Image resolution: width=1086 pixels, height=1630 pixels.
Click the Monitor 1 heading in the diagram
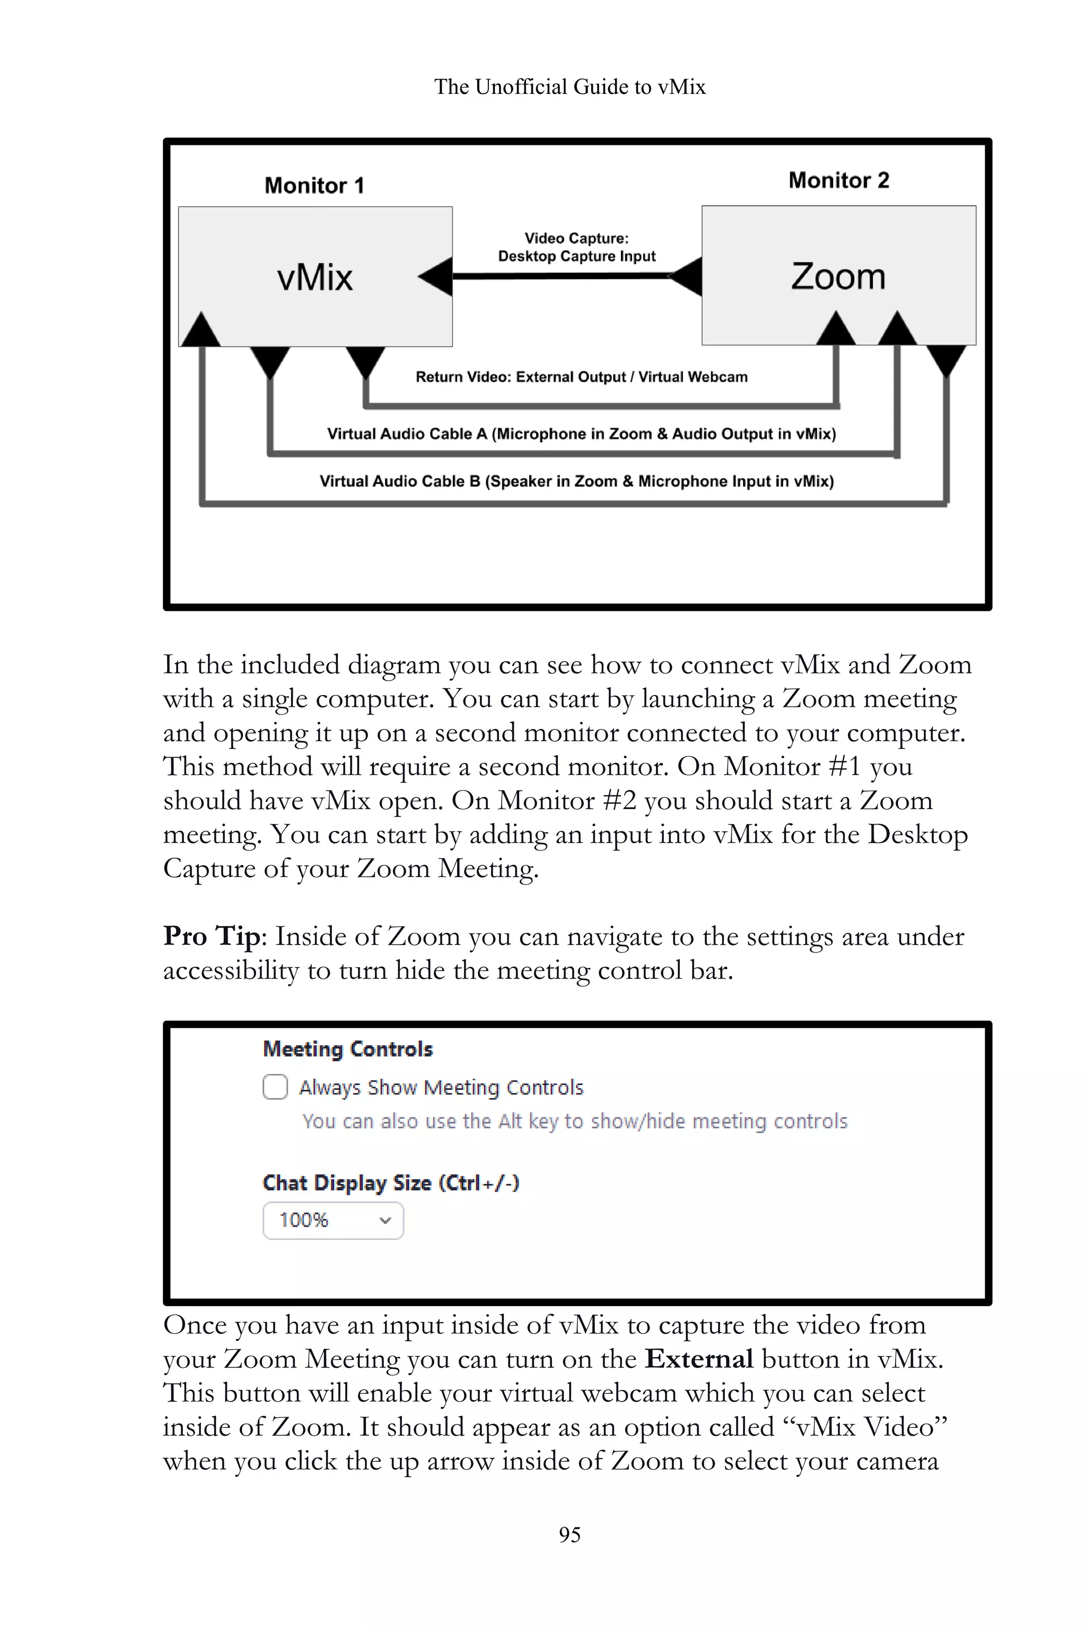coord(314,186)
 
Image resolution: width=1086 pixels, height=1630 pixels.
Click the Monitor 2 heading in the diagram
coord(838,180)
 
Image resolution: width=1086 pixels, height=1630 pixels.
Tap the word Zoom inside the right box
coord(838,276)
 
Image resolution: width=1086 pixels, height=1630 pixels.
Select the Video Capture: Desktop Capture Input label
coord(576,247)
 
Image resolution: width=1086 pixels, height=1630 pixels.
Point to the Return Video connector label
coord(581,377)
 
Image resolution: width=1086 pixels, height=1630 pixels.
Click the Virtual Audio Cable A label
coord(581,434)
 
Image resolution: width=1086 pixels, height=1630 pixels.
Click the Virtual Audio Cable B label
coord(576,481)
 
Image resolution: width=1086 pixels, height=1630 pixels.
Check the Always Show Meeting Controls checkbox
coord(275,1087)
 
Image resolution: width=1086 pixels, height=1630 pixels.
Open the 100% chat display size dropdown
coord(333,1220)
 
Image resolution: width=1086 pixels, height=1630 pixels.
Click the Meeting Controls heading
coord(348,1049)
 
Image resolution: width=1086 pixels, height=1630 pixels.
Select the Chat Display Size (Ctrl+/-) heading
coord(391,1182)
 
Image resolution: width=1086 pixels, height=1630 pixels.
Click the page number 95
coord(570,1534)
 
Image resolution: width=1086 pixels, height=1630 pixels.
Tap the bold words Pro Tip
coord(211,937)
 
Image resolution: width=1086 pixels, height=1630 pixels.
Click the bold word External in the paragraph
coord(698,1359)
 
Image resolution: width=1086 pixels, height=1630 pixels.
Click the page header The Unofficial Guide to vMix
coord(570,86)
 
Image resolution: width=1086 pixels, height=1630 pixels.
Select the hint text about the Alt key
coord(574,1121)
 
